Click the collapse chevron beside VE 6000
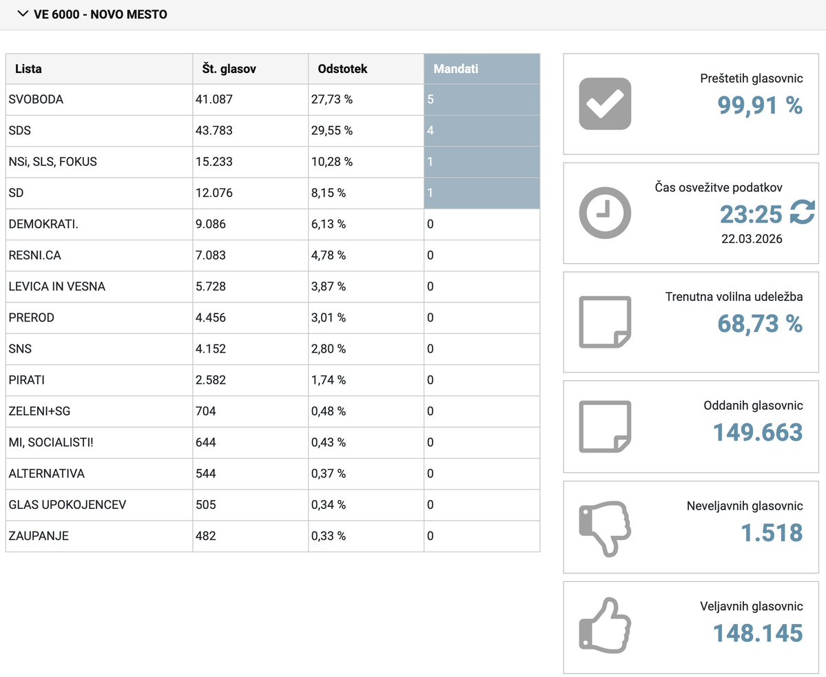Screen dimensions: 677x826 click(x=22, y=14)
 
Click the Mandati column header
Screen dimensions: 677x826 click(x=455, y=69)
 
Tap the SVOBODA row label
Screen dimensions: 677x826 click(x=36, y=99)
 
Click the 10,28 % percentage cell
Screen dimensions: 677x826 click(x=332, y=162)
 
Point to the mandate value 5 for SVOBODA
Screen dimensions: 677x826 click(x=431, y=99)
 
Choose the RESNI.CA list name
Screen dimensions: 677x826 click(x=36, y=256)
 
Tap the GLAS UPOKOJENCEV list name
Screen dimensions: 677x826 click(x=67, y=505)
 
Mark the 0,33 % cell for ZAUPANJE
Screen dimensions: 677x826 click(x=329, y=536)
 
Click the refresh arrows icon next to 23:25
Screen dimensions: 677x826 click(x=802, y=213)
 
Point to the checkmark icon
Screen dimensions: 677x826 click(x=605, y=104)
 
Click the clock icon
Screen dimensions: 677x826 click(x=605, y=213)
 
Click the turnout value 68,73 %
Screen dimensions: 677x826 click(x=760, y=323)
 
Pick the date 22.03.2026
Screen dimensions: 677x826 click(x=752, y=239)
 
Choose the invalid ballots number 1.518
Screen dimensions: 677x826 click(x=772, y=532)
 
